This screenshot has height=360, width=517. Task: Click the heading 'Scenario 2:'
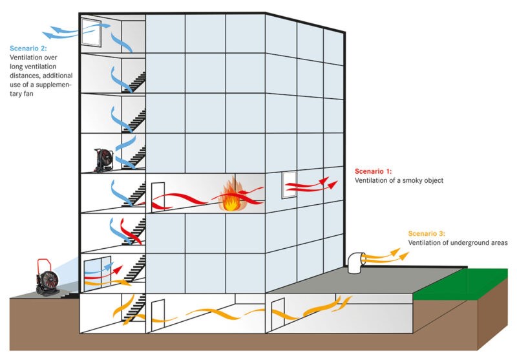pos(28,48)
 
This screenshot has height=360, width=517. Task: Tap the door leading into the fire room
pos(157,196)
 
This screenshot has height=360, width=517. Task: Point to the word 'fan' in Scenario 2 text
pos(36,94)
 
